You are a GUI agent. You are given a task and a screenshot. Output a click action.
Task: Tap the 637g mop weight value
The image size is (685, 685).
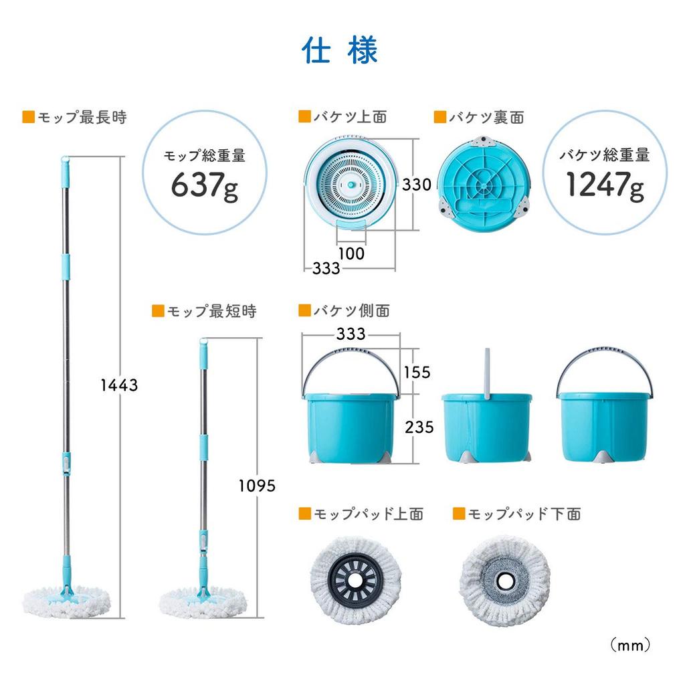pos(205,185)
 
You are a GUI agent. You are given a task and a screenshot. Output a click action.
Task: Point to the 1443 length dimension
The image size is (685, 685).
pos(119,385)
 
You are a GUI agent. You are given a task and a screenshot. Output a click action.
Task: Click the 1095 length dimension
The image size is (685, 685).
pos(257,486)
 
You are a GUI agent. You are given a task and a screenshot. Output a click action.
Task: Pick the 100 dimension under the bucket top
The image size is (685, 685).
pos(351,254)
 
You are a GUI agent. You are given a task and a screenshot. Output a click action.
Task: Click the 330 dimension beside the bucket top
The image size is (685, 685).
pos(416,185)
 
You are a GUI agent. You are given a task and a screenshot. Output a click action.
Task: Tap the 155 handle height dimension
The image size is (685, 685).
pos(417,372)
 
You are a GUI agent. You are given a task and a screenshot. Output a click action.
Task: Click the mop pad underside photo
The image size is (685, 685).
pos(505,577)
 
